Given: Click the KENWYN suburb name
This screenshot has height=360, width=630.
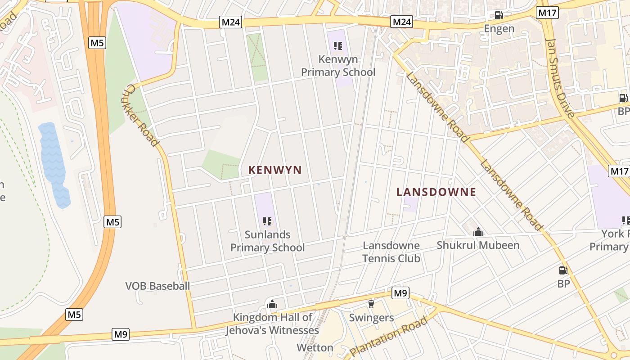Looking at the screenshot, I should pyautogui.click(x=275, y=170).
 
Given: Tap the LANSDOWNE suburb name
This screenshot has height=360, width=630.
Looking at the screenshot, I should pyautogui.click(x=436, y=192).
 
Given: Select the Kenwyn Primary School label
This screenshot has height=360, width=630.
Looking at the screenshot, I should pyautogui.click(x=338, y=66).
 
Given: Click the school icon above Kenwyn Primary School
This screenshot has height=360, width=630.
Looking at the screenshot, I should pyautogui.click(x=338, y=45).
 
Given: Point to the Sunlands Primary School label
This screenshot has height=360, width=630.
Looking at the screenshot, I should pyautogui.click(x=268, y=241).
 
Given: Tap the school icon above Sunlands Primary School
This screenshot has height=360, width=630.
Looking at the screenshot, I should pyautogui.click(x=267, y=221).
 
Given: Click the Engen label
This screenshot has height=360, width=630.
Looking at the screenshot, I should pyautogui.click(x=499, y=29).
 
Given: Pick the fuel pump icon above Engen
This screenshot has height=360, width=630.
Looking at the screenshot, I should pyautogui.click(x=499, y=15).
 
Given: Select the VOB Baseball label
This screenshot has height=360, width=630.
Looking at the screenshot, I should pyautogui.click(x=157, y=286).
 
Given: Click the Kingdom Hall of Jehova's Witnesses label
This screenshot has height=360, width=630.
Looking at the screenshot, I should pyautogui.click(x=272, y=324).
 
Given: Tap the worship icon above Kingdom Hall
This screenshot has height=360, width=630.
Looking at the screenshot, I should pyautogui.click(x=272, y=304).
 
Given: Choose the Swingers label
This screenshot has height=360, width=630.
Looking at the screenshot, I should pyautogui.click(x=372, y=318).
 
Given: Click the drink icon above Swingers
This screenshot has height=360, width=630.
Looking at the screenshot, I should pyautogui.click(x=371, y=304).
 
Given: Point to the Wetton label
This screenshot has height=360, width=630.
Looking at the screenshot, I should pyautogui.click(x=315, y=348).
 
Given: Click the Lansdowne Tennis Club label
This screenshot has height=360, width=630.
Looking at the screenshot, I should pyautogui.click(x=391, y=252).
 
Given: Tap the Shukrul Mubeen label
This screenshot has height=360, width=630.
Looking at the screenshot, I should pyautogui.click(x=478, y=245).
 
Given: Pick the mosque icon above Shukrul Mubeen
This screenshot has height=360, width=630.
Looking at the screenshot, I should pyautogui.click(x=478, y=232).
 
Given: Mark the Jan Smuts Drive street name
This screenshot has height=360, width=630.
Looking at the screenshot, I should pyautogui.click(x=560, y=77).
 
